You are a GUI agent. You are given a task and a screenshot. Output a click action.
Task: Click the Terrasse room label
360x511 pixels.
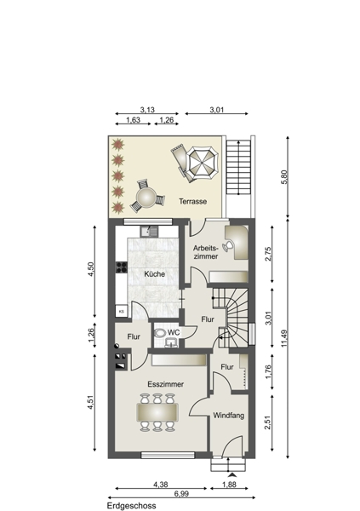[x=192, y=201]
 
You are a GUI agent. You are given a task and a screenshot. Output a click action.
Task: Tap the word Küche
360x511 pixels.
[x=154, y=274]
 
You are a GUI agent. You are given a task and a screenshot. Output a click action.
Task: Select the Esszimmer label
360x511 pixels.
[x=165, y=384]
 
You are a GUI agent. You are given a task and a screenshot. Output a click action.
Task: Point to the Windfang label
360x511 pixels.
[x=229, y=416]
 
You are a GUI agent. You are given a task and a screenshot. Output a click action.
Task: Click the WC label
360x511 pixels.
[x=174, y=333]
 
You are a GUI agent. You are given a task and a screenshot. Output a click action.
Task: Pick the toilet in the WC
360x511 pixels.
[x=159, y=333]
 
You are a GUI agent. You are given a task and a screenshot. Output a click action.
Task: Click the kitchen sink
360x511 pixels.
[x=149, y=232]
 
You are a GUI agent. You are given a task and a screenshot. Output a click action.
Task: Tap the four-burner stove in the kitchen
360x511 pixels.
[x=122, y=267]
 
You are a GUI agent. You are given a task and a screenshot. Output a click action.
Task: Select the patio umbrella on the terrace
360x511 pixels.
[x=202, y=164]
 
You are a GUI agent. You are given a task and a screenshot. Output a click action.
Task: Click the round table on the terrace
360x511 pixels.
[x=146, y=198]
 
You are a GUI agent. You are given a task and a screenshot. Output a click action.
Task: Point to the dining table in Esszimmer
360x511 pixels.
[x=157, y=412]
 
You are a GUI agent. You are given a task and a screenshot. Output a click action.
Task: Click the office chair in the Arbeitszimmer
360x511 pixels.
[x=228, y=246]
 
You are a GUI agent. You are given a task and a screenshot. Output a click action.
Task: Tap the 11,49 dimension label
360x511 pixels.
[x=284, y=338]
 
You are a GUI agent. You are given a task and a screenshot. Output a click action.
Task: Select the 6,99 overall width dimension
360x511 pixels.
[x=181, y=493]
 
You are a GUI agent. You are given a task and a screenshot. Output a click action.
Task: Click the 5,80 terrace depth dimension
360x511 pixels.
[x=284, y=177]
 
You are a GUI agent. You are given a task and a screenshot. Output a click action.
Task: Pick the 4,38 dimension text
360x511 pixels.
[x=161, y=485]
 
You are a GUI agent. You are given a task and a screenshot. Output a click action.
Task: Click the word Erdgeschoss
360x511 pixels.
[x=132, y=506]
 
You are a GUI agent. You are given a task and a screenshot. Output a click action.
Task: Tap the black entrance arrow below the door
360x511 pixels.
[x=232, y=475]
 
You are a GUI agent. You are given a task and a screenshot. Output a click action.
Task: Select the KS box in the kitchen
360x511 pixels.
[x=122, y=311]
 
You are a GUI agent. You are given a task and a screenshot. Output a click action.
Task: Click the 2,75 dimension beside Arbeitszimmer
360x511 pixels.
[x=268, y=254]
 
